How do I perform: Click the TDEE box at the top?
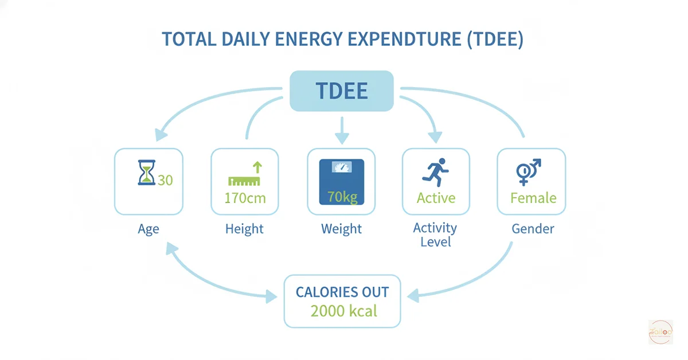(342, 91)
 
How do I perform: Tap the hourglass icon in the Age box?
(147, 173)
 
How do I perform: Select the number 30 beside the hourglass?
(165, 180)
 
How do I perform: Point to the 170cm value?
(244, 198)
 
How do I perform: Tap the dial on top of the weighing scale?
(342, 167)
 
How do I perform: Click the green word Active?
(436, 198)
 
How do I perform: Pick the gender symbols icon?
(529, 172)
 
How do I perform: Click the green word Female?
(533, 198)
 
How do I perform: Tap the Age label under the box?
(148, 229)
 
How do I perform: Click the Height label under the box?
(244, 229)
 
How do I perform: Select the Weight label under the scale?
(342, 229)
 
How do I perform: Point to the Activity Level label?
(435, 234)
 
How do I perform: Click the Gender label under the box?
(533, 229)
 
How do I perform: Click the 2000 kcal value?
(343, 311)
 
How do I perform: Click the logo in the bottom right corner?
(660, 332)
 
